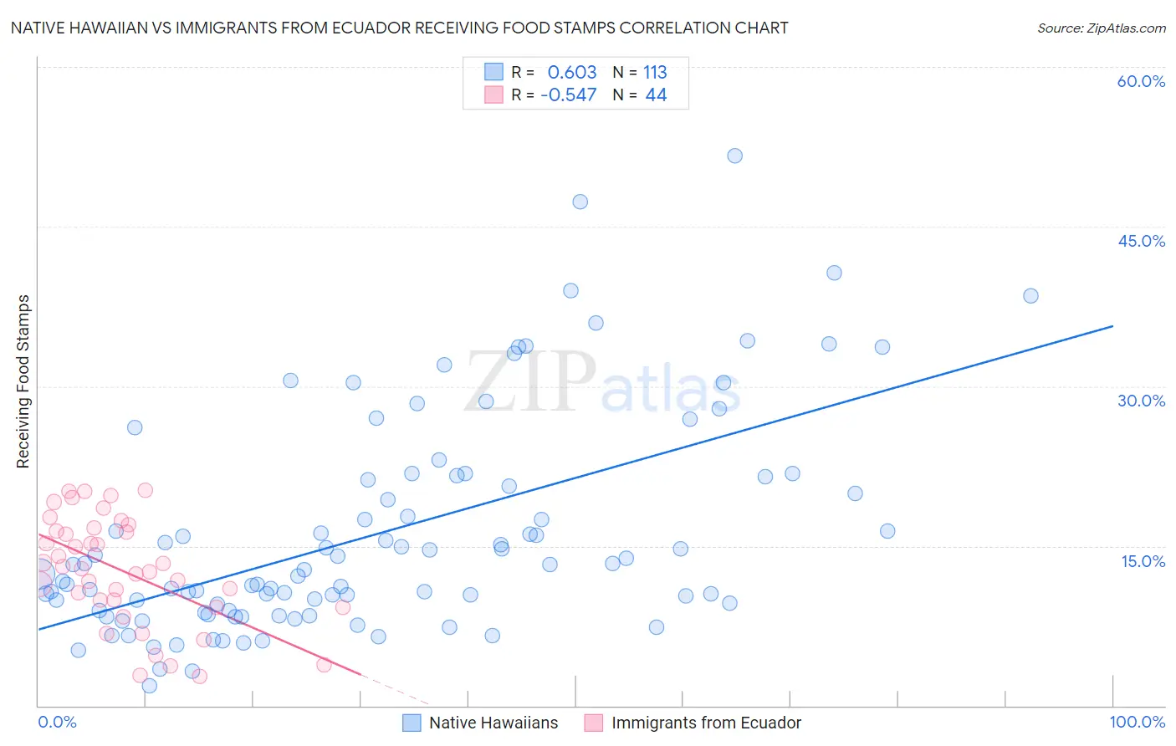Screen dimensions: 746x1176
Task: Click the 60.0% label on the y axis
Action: (1141, 81)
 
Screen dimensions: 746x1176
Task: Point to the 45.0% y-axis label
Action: (1141, 241)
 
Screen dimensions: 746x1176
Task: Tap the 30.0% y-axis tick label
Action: (1141, 401)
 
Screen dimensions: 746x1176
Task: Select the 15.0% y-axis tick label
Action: (1143, 561)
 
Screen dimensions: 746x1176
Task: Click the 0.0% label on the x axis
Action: (57, 722)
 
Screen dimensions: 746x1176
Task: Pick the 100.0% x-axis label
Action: (1137, 722)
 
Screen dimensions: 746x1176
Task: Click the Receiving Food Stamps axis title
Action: (23, 381)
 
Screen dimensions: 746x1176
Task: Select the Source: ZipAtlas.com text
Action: (1101, 28)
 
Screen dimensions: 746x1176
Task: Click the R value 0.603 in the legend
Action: (572, 73)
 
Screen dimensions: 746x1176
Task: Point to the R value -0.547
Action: (569, 95)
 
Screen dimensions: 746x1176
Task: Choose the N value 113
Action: (655, 73)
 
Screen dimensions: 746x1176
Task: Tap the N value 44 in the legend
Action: (656, 95)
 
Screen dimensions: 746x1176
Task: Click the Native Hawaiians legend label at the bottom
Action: (493, 723)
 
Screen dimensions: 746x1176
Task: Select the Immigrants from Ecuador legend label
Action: (706, 723)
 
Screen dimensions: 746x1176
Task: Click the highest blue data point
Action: (734, 156)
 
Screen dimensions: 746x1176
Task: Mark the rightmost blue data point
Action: (1030, 296)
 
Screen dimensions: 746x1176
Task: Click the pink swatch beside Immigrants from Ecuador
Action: (593, 723)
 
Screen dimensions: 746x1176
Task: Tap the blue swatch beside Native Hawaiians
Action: (412, 723)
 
